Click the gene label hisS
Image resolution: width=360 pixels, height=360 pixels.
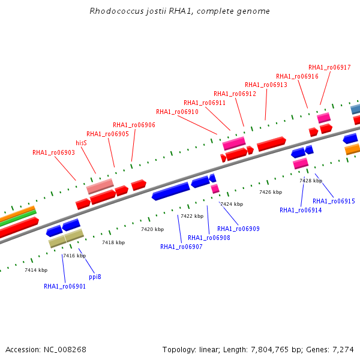tap(81, 143)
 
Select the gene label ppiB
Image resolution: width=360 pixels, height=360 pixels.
tap(95, 277)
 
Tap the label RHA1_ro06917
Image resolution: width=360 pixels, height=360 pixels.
tap(329, 67)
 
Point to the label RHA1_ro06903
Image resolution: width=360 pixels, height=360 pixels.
tap(53, 152)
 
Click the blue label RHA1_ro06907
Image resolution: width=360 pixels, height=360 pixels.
tap(181, 247)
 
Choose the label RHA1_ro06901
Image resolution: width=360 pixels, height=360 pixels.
tap(65, 286)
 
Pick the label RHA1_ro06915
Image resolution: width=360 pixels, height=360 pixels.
tap(334, 201)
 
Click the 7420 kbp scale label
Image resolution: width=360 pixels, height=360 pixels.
tap(152, 229)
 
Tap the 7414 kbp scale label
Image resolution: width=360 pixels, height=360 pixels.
tap(36, 270)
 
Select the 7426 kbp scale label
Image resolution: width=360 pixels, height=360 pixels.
tap(271, 192)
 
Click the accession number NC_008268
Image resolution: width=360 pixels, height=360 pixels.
tap(65, 350)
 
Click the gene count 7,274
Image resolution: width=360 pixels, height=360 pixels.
tap(343, 350)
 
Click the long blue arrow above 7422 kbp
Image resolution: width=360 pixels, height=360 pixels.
tap(171, 191)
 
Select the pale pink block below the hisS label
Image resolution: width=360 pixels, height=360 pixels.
tap(100, 186)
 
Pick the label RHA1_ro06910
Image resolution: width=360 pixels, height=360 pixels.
tap(177, 112)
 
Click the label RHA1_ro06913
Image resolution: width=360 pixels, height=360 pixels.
tap(266, 85)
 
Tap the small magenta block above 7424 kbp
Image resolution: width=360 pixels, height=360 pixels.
tap(215, 189)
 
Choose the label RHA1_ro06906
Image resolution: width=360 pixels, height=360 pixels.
tap(134, 125)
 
